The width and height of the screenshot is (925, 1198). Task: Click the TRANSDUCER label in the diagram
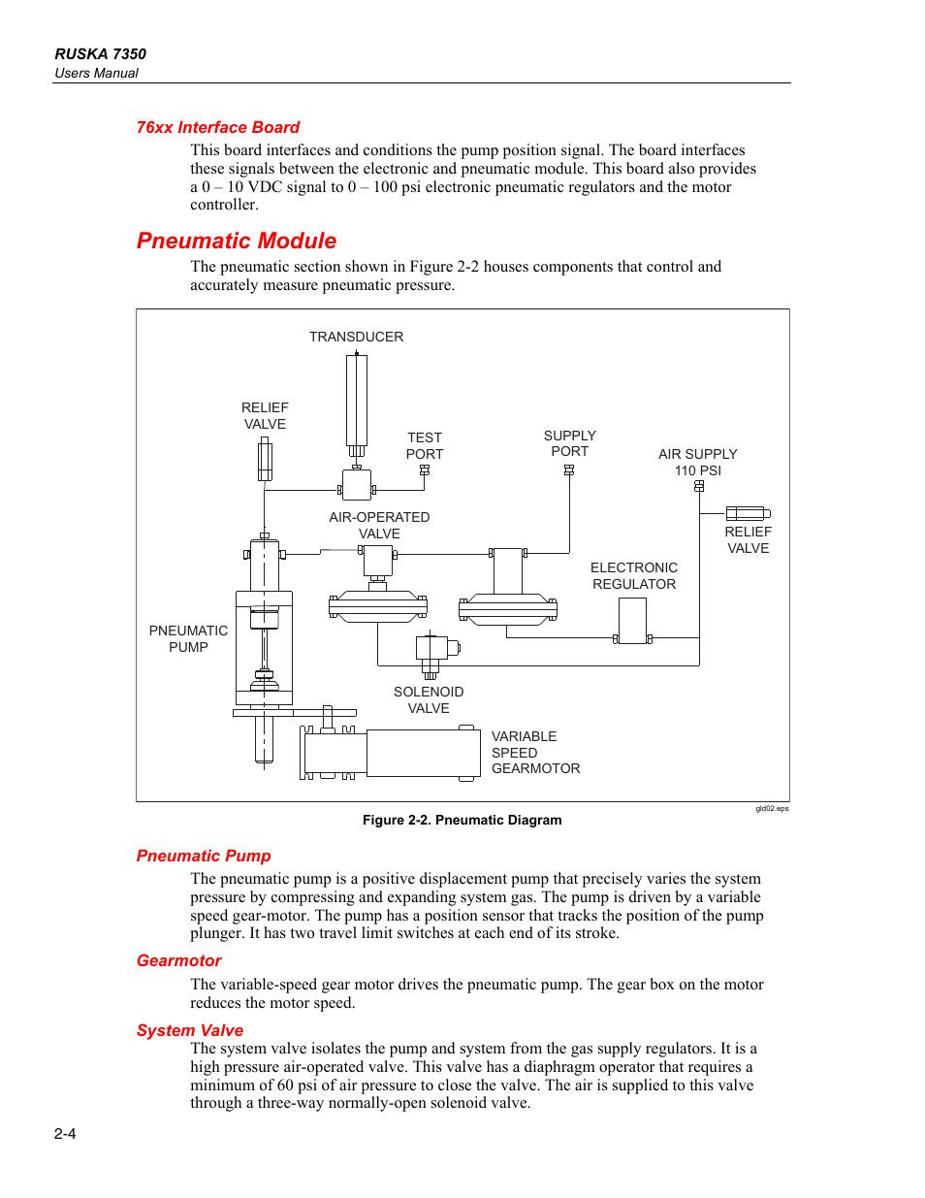[x=356, y=337]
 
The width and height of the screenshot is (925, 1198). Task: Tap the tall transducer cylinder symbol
[x=357, y=400]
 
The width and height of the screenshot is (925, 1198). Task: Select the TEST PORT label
[x=425, y=446]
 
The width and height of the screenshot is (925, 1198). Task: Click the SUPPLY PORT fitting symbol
[x=569, y=470]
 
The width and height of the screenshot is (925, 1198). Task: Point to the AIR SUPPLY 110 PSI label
[x=697, y=462]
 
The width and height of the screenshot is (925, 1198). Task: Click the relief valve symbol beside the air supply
[x=748, y=513]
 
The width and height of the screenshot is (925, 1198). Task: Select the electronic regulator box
[x=632, y=621]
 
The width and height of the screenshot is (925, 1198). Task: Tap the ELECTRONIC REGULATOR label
[x=634, y=575]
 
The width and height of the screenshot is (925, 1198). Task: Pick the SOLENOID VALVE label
[x=429, y=699]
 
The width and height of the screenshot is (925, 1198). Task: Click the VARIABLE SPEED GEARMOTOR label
[x=535, y=752]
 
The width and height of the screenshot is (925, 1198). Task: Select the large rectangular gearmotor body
[x=423, y=753]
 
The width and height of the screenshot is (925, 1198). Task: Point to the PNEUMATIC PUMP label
[x=188, y=638]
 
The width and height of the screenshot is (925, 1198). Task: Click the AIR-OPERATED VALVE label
[x=379, y=525]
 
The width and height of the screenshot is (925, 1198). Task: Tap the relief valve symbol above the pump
[x=265, y=459]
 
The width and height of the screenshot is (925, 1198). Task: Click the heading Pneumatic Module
[x=237, y=241]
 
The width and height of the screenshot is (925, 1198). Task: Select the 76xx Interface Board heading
[x=218, y=127]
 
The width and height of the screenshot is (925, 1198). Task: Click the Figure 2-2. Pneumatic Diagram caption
[x=462, y=820]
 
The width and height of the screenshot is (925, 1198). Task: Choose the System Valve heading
[x=190, y=1030]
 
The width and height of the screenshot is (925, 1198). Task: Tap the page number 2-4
[x=65, y=1133]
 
